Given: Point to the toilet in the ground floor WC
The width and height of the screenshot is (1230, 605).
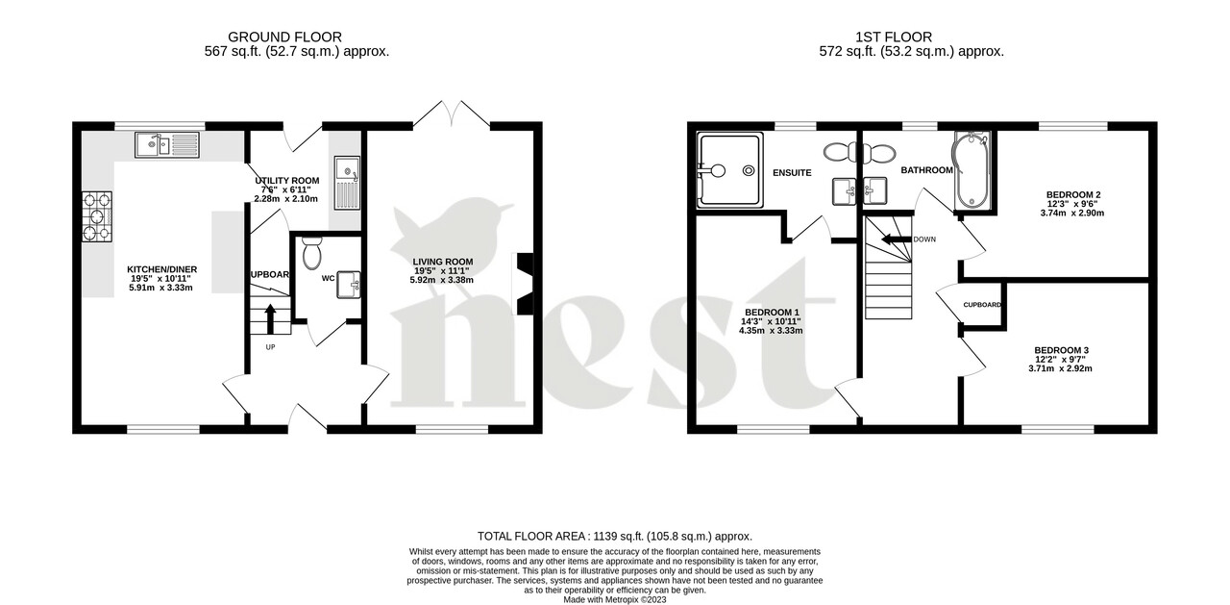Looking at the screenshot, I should tap(311, 255).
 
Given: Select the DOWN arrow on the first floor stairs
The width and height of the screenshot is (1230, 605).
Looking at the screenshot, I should tap(895, 239).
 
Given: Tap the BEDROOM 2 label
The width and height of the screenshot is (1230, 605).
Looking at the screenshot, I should tap(1073, 194).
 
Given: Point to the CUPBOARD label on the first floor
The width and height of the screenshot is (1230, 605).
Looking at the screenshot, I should tap(982, 305).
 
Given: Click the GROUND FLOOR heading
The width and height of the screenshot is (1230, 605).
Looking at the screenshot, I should tap(297, 38).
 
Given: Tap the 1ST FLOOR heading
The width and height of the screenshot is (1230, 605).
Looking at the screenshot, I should tap(912, 38).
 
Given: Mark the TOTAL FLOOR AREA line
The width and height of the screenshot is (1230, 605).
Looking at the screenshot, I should tap(615, 536).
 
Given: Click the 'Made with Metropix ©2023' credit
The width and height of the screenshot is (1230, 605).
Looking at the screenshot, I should tap(615, 599).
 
